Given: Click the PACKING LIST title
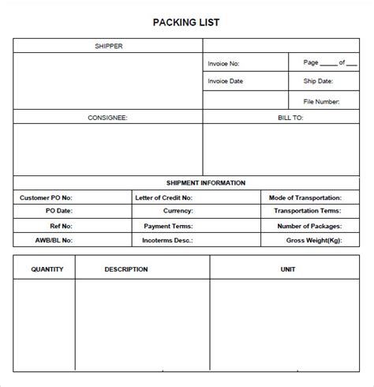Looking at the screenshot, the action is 186,22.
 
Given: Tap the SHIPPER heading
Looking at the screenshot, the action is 108,46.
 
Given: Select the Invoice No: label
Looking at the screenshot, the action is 223,63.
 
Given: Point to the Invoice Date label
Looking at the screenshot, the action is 225,81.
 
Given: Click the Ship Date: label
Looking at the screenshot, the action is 318,81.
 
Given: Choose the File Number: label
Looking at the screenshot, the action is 320,101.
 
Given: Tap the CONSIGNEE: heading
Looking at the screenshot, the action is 107,117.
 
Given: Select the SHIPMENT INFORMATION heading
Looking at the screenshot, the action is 206,182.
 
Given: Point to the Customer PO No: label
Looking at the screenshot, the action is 45,197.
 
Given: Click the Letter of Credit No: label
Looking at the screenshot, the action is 163,197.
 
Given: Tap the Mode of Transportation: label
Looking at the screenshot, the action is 305,197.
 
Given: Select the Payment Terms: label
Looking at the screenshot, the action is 168,225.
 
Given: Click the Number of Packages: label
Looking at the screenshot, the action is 309,225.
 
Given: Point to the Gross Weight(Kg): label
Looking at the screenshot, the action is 313,239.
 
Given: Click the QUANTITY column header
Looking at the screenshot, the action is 47,269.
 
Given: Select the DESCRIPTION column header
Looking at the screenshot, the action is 126,269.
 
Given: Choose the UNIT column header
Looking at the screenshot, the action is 287,269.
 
